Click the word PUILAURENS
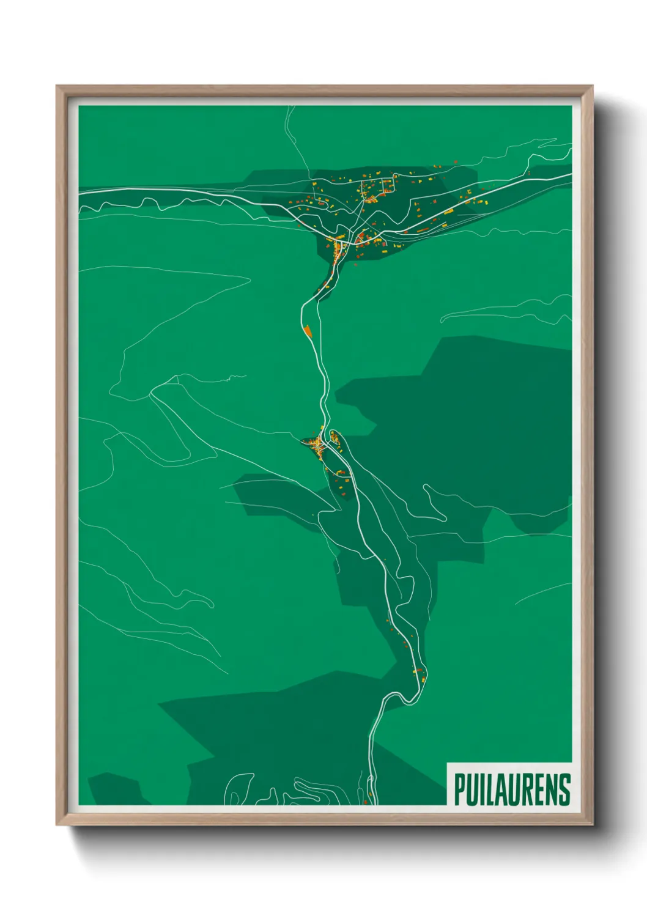click(x=512, y=789)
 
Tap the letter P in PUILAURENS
click(x=459, y=789)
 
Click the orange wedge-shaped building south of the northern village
click(x=308, y=331)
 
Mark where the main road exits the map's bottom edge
click(x=375, y=802)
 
